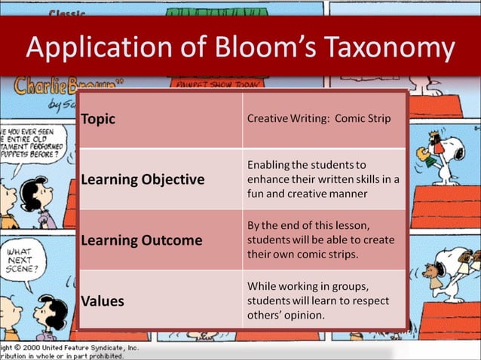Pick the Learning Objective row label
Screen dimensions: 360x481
[x=142, y=179]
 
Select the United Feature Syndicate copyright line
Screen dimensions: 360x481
[x=68, y=349]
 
